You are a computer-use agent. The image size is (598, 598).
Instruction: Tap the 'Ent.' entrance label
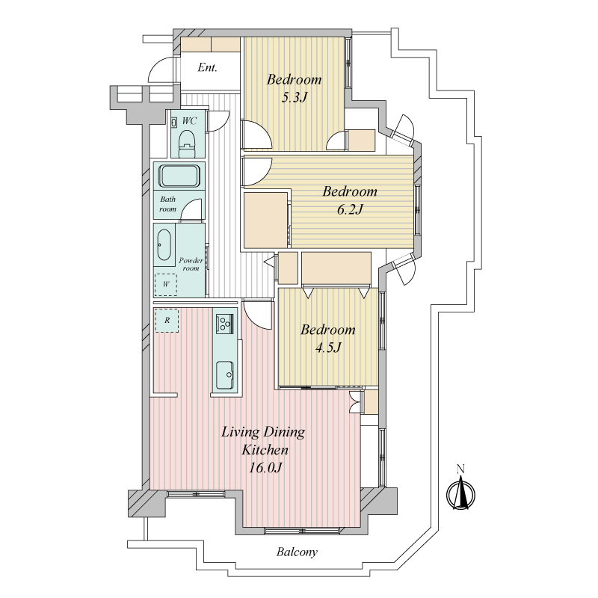tap(208, 68)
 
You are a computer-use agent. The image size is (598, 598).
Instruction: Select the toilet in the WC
tap(188, 143)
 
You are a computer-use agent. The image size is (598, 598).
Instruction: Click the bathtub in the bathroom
tap(179, 176)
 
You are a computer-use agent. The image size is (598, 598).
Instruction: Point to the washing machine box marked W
tap(165, 285)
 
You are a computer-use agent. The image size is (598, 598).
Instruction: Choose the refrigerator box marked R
tap(167, 321)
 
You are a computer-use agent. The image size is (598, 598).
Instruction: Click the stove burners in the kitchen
tap(224, 324)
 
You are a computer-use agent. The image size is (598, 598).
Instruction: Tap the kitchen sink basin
tap(225, 374)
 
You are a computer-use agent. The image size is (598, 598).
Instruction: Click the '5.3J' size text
tap(294, 98)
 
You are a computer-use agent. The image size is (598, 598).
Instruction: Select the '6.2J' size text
tap(350, 209)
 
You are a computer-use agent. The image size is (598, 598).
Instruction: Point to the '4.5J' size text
tap(328, 348)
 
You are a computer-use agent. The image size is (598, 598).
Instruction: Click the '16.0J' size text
tap(265, 468)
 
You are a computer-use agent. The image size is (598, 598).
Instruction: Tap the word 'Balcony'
tap(297, 552)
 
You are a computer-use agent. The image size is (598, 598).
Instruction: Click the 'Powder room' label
tap(191, 264)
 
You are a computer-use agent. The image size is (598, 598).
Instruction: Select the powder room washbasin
tap(164, 245)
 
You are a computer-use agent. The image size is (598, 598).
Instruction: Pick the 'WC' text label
tap(189, 121)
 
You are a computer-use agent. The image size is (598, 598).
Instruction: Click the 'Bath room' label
tap(167, 204)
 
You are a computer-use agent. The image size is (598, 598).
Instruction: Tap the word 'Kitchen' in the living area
tap(265, 450)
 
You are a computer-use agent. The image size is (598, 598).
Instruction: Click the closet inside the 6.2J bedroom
tap(265, 220)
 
